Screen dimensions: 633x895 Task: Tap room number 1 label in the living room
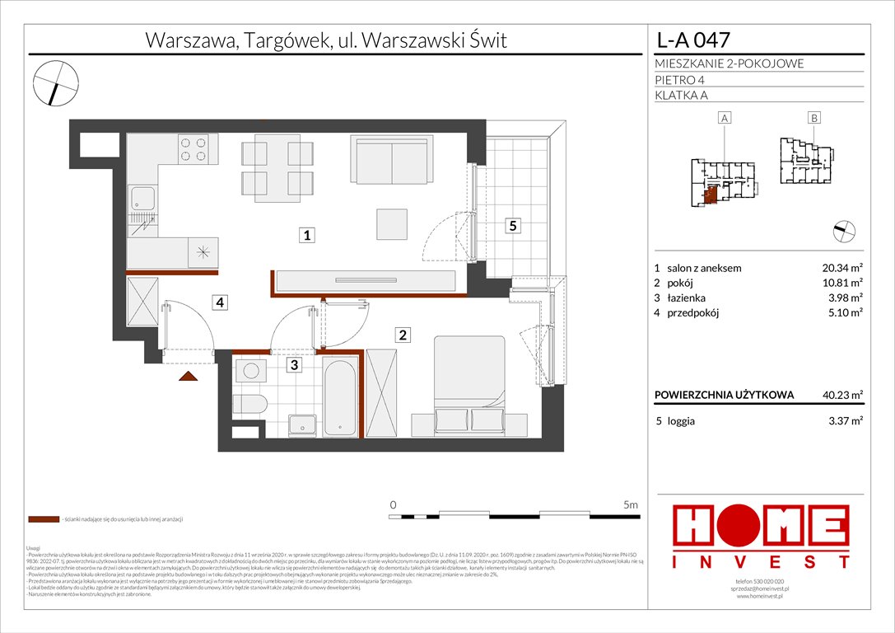[306, 236]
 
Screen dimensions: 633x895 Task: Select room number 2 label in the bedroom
[403, 335]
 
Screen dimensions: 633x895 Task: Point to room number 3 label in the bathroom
[293, 363]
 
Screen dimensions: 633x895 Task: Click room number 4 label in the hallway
[219, 302]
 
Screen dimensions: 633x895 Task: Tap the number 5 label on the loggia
[512, 226]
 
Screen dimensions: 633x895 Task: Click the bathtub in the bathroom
[339, 396]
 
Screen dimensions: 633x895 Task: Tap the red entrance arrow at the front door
[189, 376]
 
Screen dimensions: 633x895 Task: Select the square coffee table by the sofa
[391, 223]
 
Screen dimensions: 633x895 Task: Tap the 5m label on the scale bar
[631, 504]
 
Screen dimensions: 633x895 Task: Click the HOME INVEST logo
[762, 536]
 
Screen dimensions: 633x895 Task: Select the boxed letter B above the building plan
[813, 118]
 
